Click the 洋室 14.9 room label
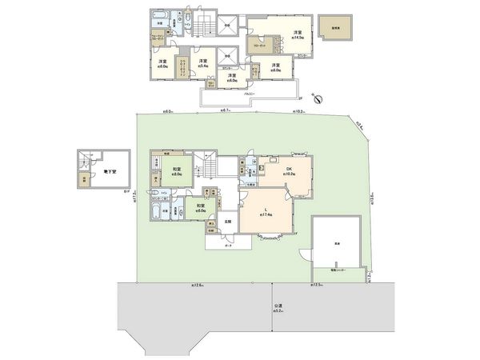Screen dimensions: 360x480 (274, 34)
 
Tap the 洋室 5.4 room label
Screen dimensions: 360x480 (206, 63)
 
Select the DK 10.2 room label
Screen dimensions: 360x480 (290, 170)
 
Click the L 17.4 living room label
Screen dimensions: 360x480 (266, 212)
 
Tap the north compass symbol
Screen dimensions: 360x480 (319, 98)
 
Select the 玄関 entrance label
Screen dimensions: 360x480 (226, 221)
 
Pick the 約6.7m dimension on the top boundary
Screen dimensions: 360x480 (226, 113)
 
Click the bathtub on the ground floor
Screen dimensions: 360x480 (158, 212)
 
